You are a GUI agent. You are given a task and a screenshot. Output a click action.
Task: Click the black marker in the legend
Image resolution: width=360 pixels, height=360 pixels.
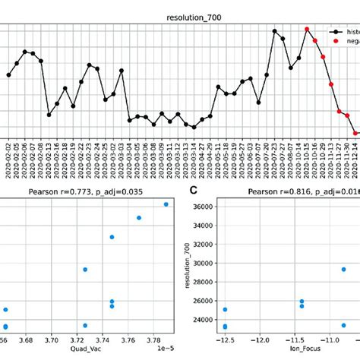click(334, 33)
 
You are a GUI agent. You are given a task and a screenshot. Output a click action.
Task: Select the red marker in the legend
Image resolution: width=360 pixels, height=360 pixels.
click(334, 43)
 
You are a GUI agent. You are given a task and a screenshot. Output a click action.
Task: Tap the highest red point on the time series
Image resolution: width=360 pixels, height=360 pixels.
click(307, 30)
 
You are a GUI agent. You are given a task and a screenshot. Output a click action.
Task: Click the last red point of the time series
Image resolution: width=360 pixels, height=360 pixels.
click(355, 132)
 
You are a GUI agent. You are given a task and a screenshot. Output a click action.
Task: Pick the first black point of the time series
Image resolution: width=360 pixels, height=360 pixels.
click(8, 75)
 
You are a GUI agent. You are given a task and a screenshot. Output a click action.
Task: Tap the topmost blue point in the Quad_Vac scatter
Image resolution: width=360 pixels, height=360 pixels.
click(166, 204)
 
